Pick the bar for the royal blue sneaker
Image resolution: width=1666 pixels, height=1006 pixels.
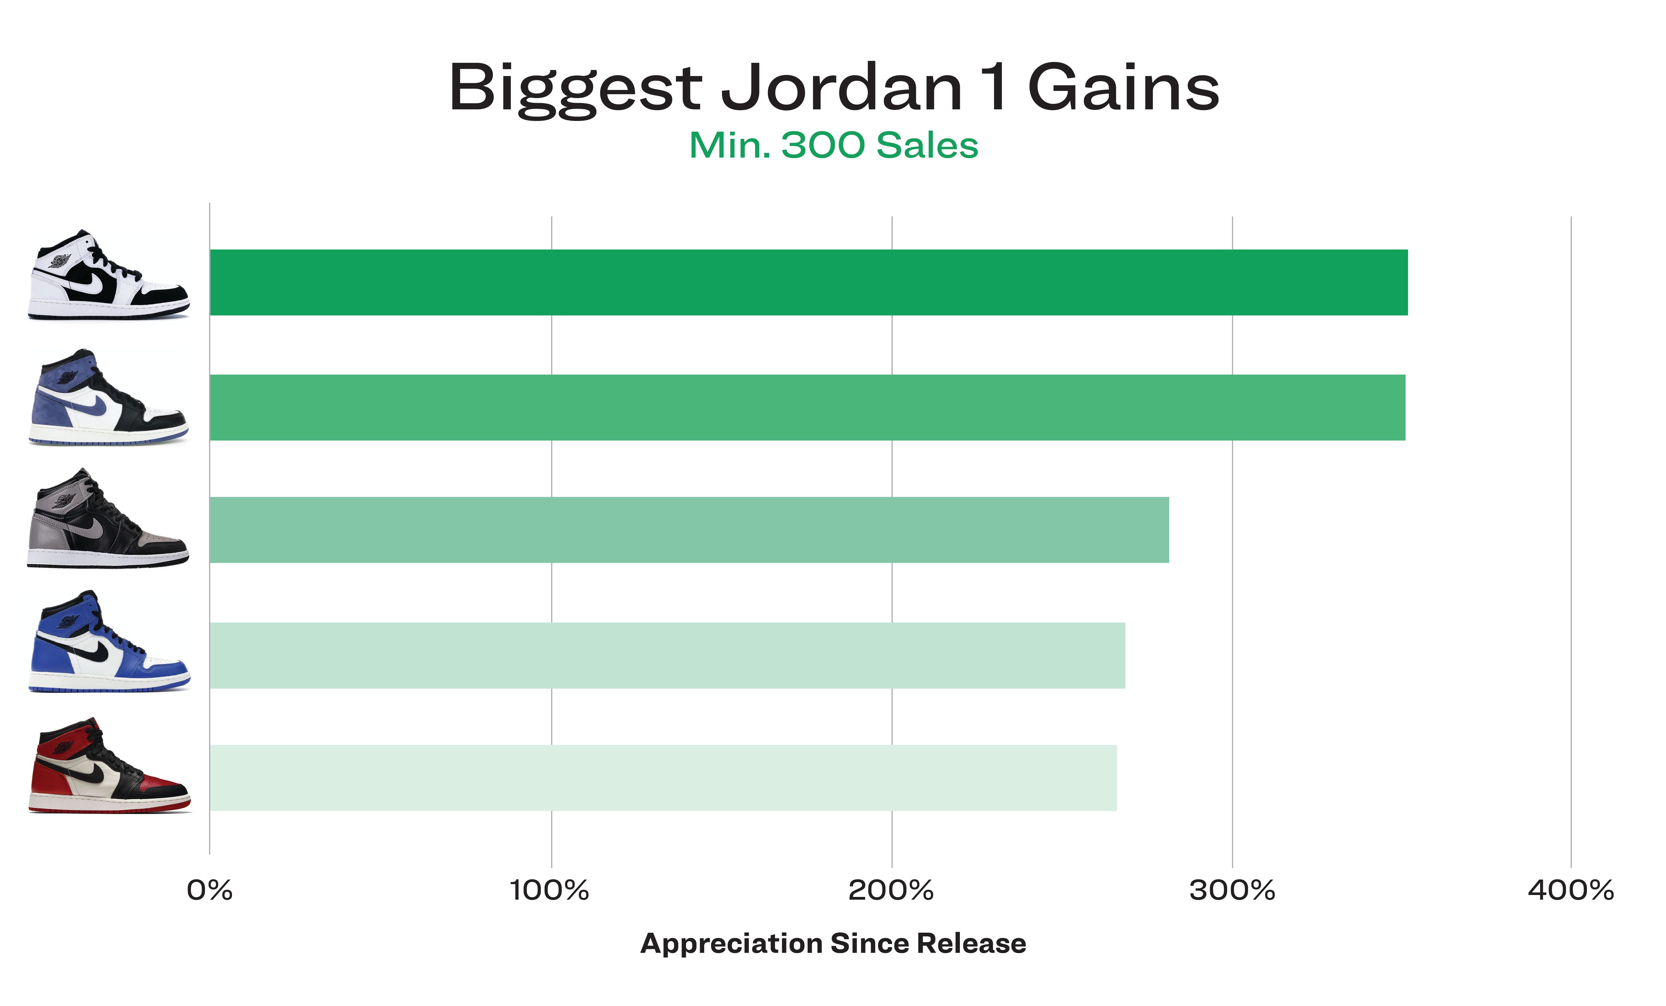point(667,655)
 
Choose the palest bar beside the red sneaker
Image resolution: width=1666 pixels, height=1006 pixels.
point(663,777)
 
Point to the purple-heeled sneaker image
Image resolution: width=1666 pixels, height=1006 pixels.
point(108,397)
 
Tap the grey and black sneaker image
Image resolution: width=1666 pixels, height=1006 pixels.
point(108,518)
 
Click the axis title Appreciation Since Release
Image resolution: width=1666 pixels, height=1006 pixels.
point(833,943)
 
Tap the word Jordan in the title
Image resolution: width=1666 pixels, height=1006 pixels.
point(842,88)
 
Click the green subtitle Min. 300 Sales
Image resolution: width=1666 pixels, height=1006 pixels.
point(833,145)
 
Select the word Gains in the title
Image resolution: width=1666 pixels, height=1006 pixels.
point(1124,88)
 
